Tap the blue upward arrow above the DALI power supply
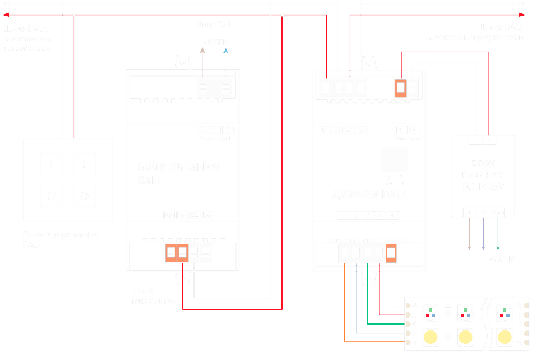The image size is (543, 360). pyautogui.click(x=226, y=51)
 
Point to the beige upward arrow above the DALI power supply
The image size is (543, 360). pyautogui.click(x=202, y=51)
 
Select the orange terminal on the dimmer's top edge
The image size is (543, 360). pyautogui.click(x=400, y=88)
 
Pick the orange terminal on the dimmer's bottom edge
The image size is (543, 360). pyautogui.click(x=390, y=253)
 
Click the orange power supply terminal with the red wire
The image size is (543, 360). pyautogui.click(x=183, y=253)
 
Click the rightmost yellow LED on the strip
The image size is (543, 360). pyautogui.click(x=504, y=337)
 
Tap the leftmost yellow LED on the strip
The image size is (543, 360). pyautogui.click(x=430, y=337)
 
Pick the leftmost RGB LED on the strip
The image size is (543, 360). pyautogui.click(x=430, y=312)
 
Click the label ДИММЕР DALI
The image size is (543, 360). pyautogui.click(x=370, y=194)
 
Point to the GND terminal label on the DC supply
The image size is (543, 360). pyautogui.click(x=498, y=213)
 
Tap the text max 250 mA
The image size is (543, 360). pyautogui.click(x=153, y=301)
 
